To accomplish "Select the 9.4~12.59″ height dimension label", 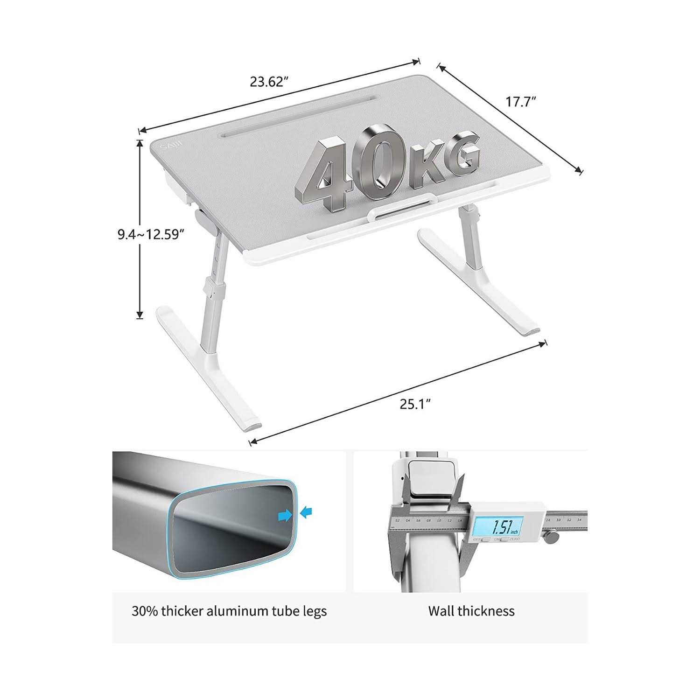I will coord(149,234).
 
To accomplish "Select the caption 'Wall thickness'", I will coord(471,611).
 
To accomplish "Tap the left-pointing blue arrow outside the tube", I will coord(306,513).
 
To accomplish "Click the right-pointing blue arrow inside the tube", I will coord(284,515).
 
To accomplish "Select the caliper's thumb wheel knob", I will coord(552,538).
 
